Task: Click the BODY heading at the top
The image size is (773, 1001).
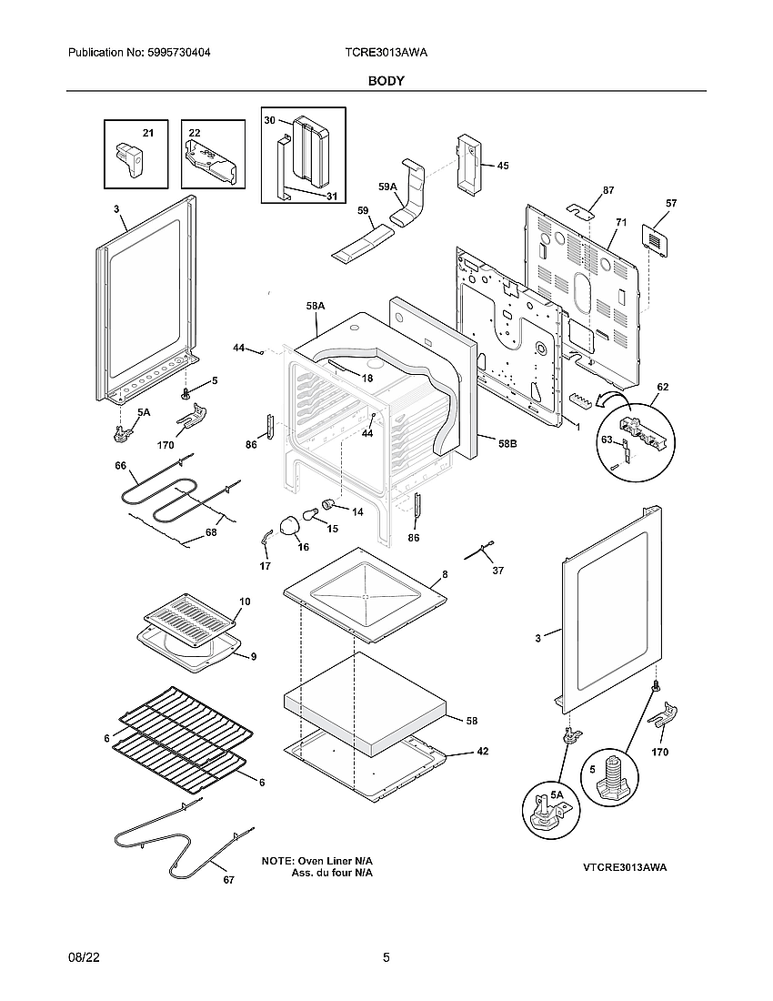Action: pyautogui.click(x=386, y=81)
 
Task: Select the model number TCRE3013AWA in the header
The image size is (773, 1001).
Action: pyautogui.click(x=386, y=54)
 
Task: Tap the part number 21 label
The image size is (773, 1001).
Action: pyautogui.click(x=147, y=134)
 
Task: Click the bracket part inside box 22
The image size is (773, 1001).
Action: pyautogui.click(x=212, y=164)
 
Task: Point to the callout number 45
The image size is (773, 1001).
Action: pyautogui.click(x=503, y=166)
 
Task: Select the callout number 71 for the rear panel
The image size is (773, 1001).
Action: pyautogui.click(x=622, y=222)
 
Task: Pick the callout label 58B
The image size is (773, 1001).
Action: pyautogui.click(x=508, y=443)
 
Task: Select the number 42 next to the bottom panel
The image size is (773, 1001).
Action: pyautogui.click(x=483, y=752)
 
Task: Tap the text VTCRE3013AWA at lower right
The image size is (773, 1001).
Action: pyautogui.click(x=625, y=867)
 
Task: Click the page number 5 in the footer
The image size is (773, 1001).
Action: pyautogui.click(x=386, y=957)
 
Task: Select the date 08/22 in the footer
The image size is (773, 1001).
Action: pyautogui.click(x=83, y=957)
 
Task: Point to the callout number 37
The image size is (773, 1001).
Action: pyautogui.click(x=497, y=571)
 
